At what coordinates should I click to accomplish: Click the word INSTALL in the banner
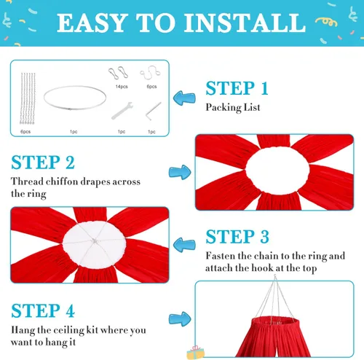tap(245, 23)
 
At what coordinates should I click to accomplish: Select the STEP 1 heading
tap(237, 88)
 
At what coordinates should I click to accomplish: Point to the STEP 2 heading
tap(43, 163)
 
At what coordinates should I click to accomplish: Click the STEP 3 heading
tap(237, 237)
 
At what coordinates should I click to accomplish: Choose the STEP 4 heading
tap(43, 310)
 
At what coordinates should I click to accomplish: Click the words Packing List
tap(233, 107)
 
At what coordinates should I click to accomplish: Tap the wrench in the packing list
tap(122, 111)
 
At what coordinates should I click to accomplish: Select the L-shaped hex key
tap(153, 111)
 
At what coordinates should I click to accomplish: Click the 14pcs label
tap(122, 87)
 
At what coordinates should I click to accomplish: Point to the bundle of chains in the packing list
tap(28, 98)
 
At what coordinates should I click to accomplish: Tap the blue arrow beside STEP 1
tap(184, 98)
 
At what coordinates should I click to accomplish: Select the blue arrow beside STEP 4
tap(180, 318)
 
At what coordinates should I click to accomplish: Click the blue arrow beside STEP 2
tap(180, 172)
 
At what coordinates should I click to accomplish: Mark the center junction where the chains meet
tap(95, 241)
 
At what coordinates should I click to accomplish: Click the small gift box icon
tap(195, 353)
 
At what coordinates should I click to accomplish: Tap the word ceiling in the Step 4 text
tap(68, 330)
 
